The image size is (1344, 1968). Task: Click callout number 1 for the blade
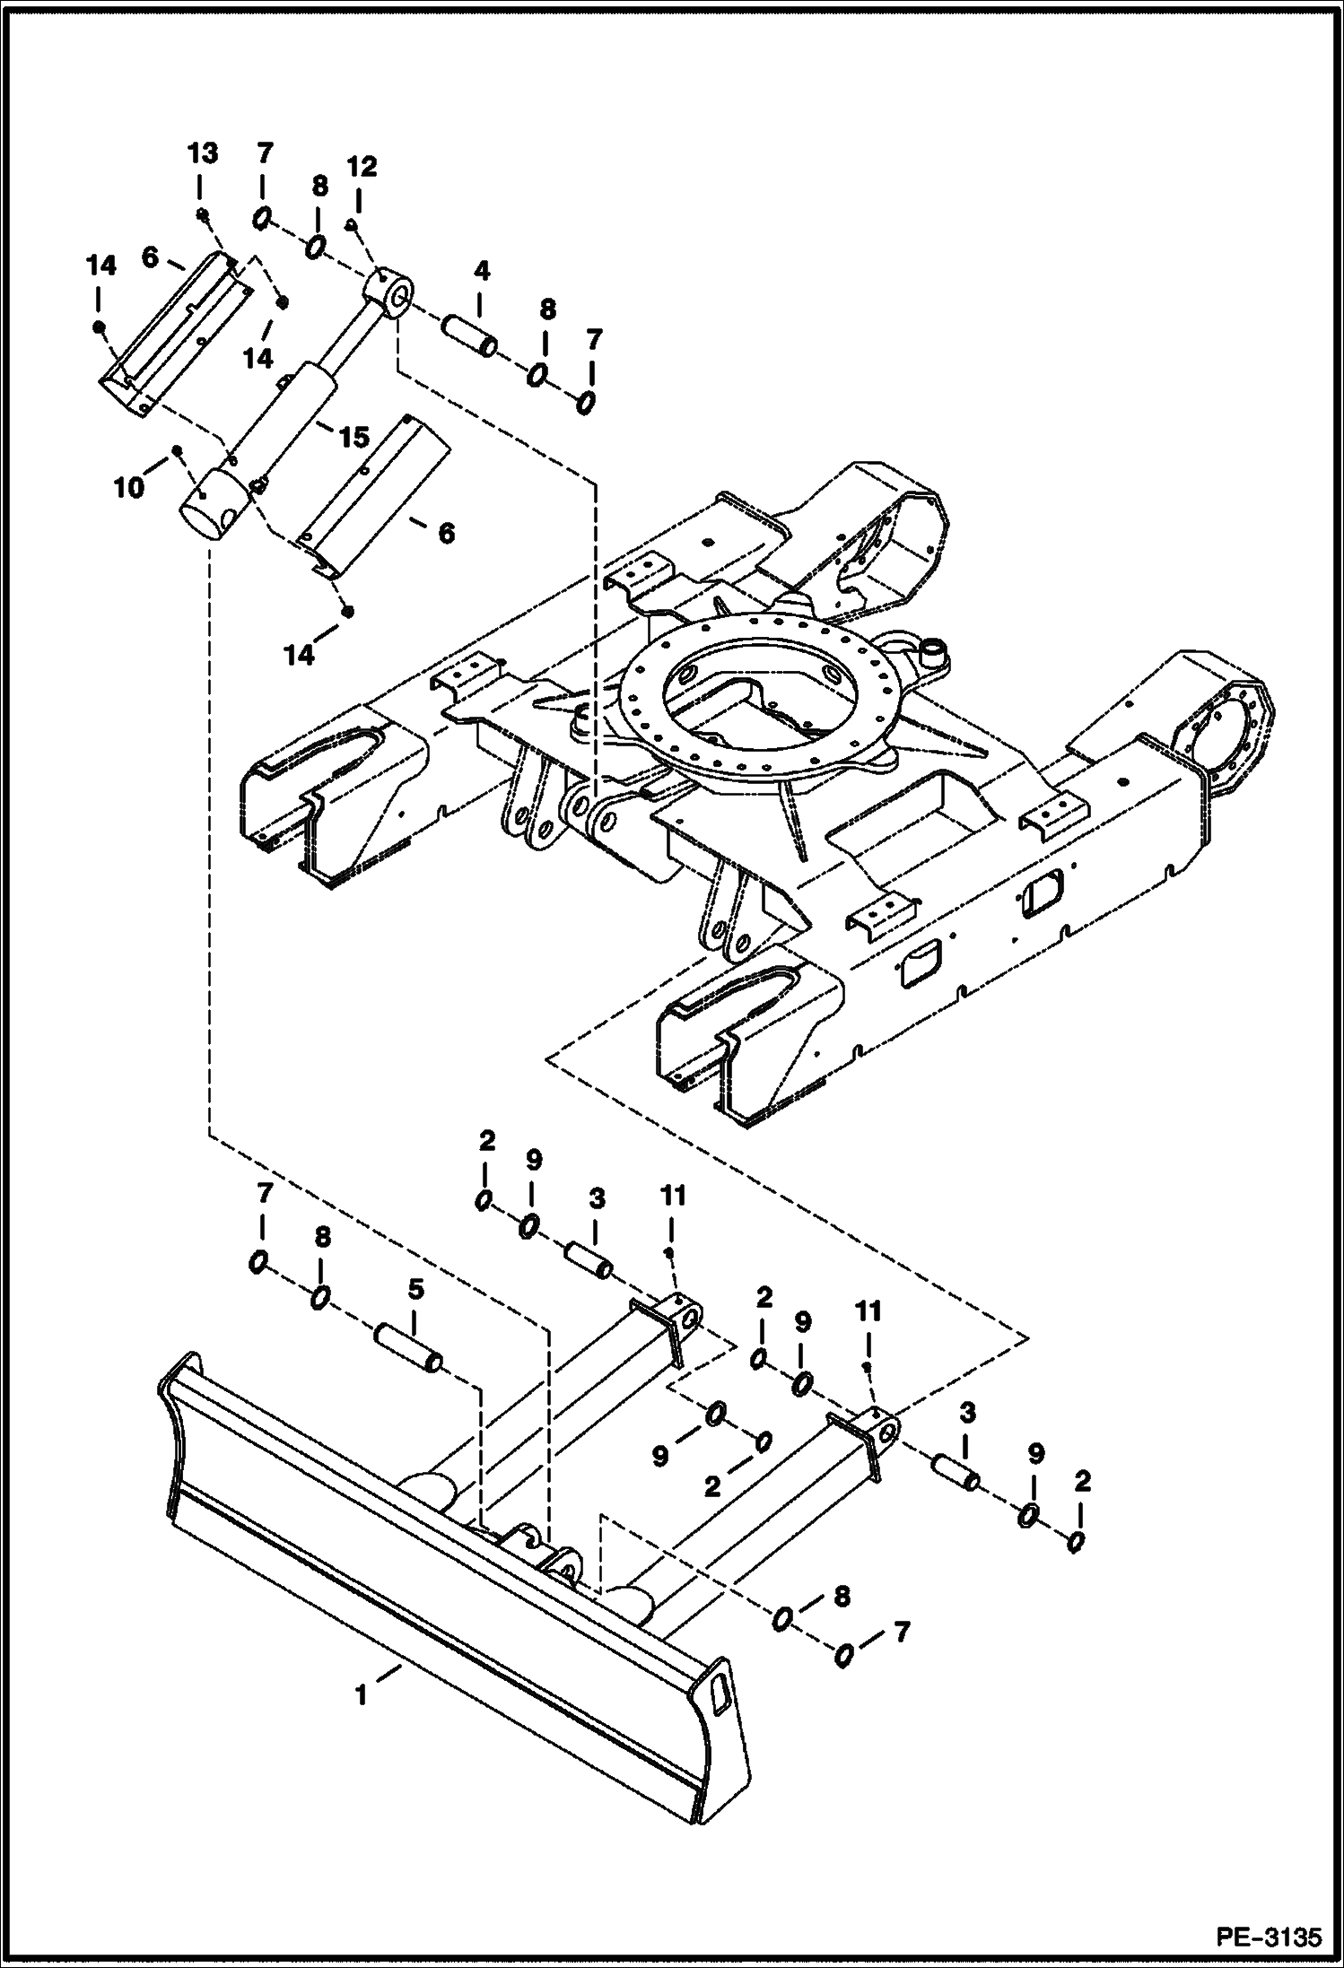361,1695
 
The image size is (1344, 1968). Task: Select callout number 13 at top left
203,153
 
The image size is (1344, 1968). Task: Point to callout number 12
363,167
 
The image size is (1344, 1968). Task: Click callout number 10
129,488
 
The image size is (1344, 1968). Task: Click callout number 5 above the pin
415,1289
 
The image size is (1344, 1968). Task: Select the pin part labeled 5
408,1353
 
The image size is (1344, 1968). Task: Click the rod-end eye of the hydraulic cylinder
390,292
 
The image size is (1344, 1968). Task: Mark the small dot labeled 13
205,213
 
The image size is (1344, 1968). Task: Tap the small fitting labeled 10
177,449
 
